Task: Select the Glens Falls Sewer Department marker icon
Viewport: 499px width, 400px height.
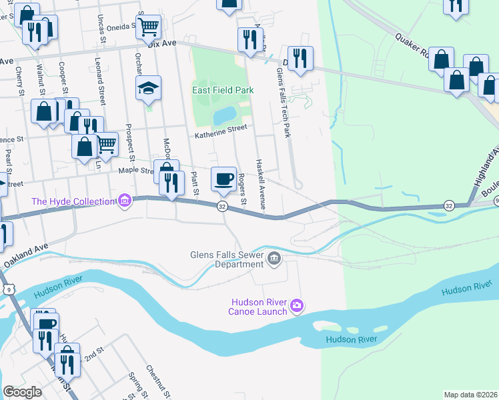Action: pos(274,258)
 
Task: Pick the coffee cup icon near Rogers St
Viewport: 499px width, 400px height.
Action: pos(223,178)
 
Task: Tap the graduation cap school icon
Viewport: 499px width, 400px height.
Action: pos(148,87)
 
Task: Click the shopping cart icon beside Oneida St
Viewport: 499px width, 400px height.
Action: pos(149,27)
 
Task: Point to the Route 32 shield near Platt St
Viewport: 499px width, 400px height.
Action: pos(222,207)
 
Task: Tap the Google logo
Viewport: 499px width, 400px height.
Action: pos(22,392)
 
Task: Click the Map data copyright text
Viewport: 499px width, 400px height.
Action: pos(470,395)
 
